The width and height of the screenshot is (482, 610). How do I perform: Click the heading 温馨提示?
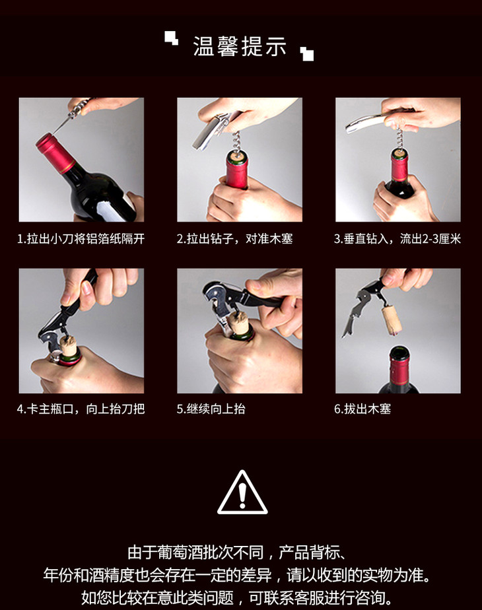tap(240, 46)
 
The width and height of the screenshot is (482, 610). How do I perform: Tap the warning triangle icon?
tap(242, 492)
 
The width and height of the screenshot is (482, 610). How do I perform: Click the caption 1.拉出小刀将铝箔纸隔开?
tap(81, 238)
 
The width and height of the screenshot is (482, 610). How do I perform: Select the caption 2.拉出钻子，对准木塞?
tap(234, 238)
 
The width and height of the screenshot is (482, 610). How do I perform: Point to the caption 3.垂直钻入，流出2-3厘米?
tap(397, 238)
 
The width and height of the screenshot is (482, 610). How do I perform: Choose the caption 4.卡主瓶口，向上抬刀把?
tap(81, 409)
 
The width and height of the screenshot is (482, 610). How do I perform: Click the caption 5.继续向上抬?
tap(211, 409)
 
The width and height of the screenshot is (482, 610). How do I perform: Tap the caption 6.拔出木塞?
tap(362, 409)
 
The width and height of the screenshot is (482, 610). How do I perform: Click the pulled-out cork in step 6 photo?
tap(391, 320)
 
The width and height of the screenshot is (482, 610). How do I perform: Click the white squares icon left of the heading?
tap(171, 38)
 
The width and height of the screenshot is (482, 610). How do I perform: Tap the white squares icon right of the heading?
tap(307, 54)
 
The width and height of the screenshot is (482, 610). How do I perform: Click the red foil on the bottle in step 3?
tap(399, 169)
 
